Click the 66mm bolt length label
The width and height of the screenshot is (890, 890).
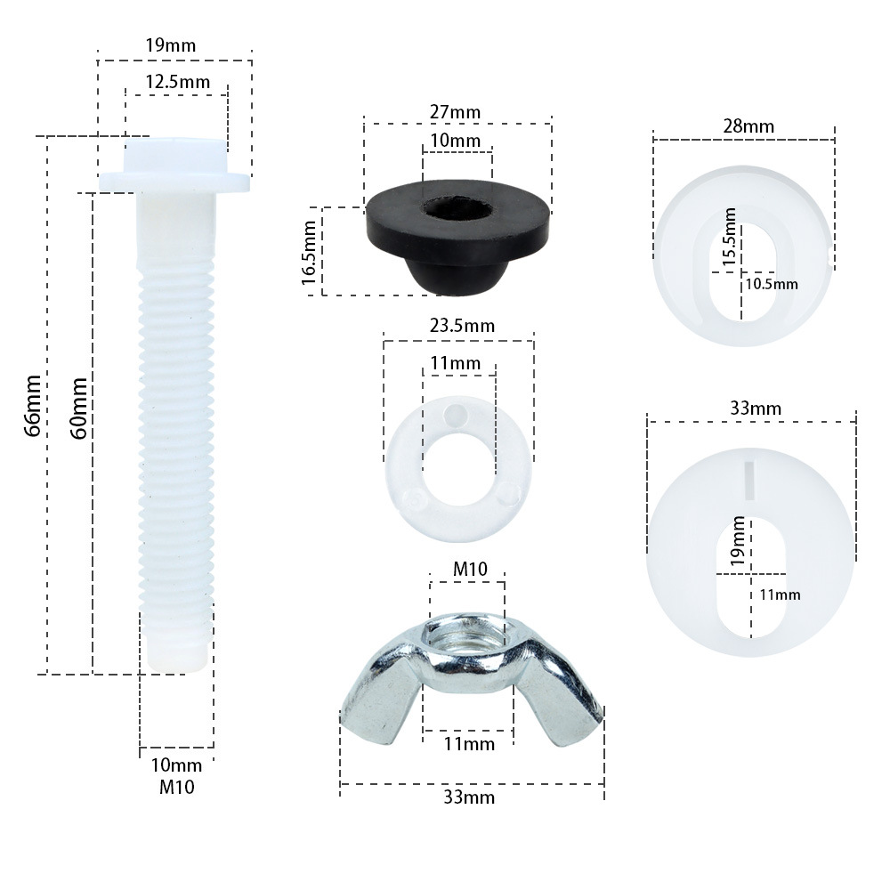(33, 405)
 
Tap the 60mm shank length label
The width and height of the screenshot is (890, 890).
(79, 409)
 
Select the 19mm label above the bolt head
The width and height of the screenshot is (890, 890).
(170, 45)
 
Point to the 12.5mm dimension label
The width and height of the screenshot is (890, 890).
(178, 82)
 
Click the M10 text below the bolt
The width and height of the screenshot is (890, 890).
(176, 788)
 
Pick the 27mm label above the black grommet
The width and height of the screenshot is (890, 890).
(455, 112)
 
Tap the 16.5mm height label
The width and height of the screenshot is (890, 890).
(309, 253)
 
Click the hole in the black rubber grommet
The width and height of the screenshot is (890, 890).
(457, 207)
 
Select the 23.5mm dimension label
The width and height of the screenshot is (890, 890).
(462, 326)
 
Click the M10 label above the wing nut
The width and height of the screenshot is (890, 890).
(470, 569)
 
